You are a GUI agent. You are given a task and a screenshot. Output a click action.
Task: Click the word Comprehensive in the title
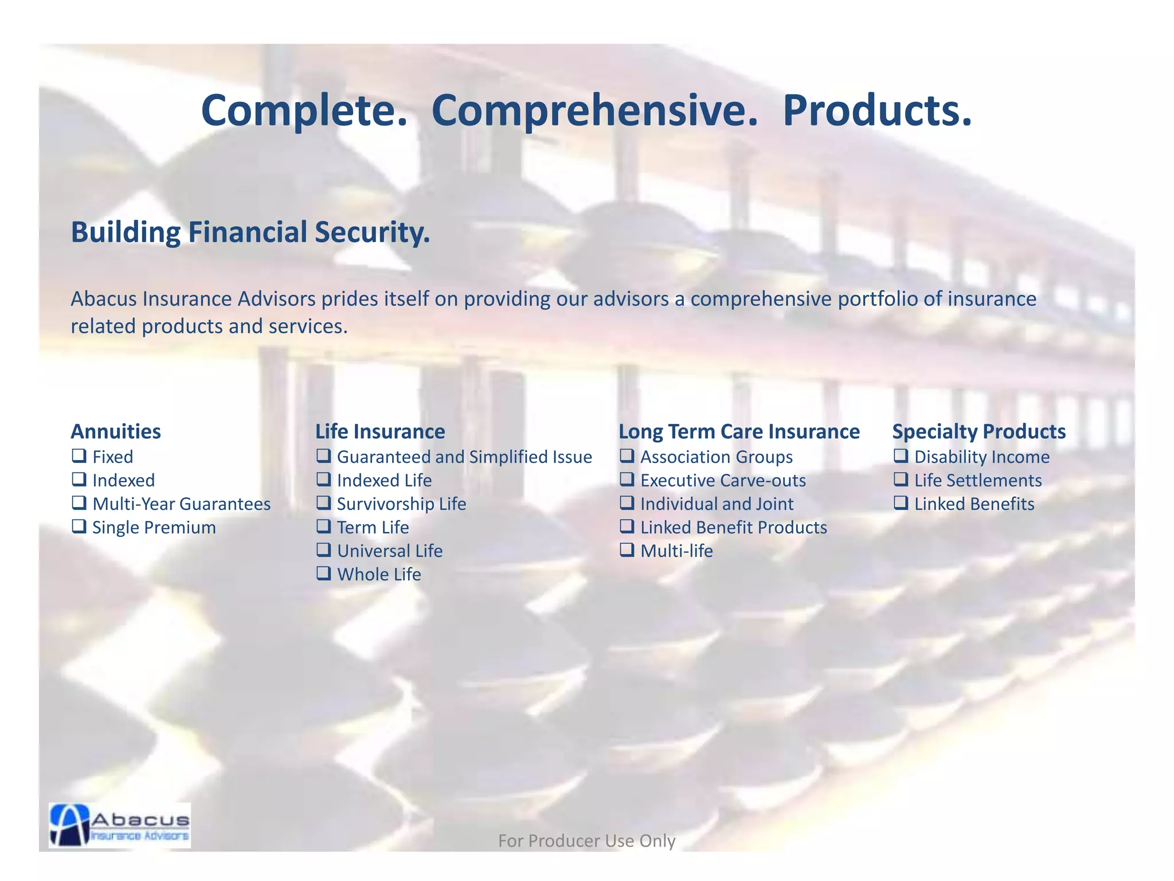(x=594, y=110)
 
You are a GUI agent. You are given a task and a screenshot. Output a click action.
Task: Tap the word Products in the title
(x=877, y=110)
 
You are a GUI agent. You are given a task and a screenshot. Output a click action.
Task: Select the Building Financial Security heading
(x=250, y=232)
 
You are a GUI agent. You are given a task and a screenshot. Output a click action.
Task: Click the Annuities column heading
(x=116, y=431)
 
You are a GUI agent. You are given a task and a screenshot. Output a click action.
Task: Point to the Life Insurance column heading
(x=380, y=431)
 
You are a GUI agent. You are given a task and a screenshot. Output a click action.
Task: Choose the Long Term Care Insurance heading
(x=739, y=431)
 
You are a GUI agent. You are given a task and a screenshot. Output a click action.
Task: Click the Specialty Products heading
(x=979, y=431)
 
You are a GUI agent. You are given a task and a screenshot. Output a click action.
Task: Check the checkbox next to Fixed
(x=79, y=456)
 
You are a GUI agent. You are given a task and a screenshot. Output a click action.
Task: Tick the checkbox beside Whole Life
(x=324, y=574)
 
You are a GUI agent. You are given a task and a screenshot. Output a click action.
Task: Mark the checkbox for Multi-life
(x=627, y=550)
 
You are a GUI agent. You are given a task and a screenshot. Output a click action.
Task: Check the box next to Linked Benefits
(x=901, y=503)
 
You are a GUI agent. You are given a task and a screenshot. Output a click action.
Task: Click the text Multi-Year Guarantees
(x=181, y=504)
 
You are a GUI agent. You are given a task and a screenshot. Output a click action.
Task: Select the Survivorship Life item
(x=401, y=504)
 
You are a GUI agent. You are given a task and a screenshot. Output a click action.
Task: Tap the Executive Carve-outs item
(x=723, y=480)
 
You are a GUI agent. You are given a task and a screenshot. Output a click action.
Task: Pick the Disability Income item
(x=981, y=457)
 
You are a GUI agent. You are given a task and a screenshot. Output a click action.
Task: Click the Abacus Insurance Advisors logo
(x=120, y=825)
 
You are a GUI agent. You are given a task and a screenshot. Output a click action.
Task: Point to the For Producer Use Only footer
(x=586, y=840)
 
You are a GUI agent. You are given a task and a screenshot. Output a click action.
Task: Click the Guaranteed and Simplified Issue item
(x=464, y=457)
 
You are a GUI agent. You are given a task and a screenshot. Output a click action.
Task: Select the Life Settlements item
(x=977, y=480)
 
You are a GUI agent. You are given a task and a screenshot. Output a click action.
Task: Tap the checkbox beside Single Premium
(x=79, y=527)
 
